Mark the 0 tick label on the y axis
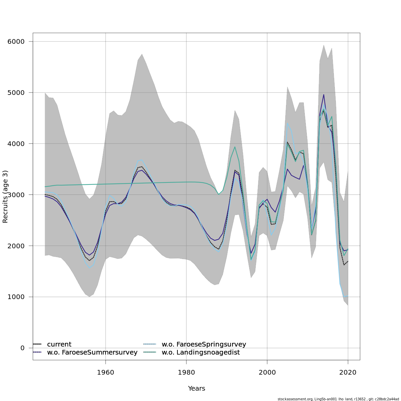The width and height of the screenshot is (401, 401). pos(22,348)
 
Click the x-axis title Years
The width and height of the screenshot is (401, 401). pos(196,389)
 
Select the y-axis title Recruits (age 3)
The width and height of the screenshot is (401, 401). pos(5,196)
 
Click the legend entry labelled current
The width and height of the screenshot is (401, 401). pos(59,345)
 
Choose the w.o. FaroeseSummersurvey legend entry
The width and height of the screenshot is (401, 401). pos(92,353)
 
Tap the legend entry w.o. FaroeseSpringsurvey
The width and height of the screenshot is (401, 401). pos(204,345)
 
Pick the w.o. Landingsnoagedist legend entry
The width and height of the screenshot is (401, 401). pos(200,353)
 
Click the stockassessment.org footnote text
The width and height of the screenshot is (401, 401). pos(338,399)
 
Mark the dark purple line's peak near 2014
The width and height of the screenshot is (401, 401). pos(323,95)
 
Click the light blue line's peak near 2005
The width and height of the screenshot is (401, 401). pos(287,123)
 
